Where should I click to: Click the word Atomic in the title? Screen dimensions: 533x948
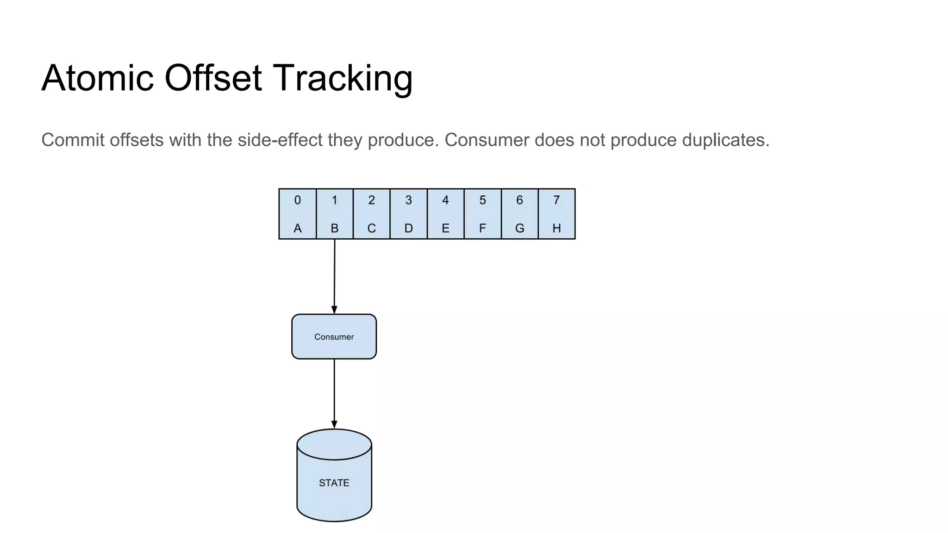(x=98, y=78)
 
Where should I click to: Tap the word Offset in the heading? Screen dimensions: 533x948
(x=213, y=78)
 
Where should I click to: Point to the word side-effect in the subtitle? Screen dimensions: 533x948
(x=280, y=140)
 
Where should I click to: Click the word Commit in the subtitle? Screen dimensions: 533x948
(x=73, y=140)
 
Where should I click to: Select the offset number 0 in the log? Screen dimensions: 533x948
(x=298, y=200)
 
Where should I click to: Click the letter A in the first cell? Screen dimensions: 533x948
(x=298, y=229)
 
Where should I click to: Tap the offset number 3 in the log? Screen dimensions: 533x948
(x=408, y=200)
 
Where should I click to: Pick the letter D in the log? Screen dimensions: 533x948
(x=408, y=229)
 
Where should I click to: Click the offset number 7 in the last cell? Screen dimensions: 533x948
(x=556, y=200)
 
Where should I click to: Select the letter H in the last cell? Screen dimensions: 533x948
(x=556, y=229)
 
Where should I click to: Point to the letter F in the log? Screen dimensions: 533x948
(x=482, y=229)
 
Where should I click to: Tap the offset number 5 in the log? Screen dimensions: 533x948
(x=482, y=200)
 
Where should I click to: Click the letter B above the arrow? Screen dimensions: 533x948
(x=334, y=229)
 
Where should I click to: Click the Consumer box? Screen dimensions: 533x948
(x=334, y=337)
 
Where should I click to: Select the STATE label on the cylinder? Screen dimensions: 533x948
(x=334, y=483)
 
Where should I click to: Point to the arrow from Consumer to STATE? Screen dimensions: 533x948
(x=334, y=393)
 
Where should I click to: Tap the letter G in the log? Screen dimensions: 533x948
(x=519, y=229)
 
